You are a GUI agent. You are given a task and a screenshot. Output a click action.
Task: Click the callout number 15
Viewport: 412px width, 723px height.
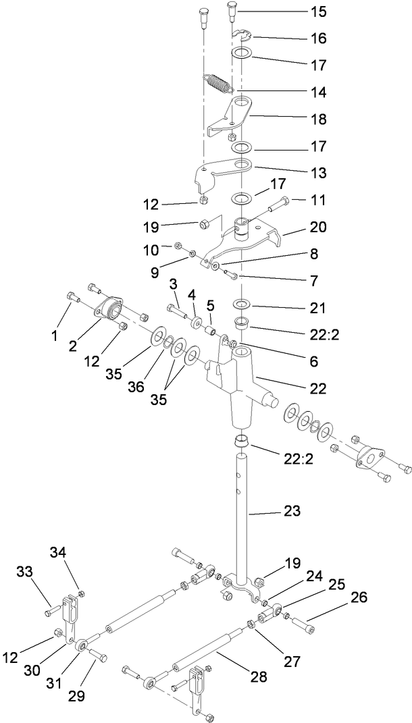[x=316, y=12]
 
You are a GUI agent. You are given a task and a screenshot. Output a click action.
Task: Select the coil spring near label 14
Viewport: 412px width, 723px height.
[x=217, y=85]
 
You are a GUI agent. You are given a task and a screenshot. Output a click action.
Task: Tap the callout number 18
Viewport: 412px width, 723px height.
[x=316, y=119]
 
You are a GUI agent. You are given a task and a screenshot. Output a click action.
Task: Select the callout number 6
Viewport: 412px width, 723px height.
[x=312, y=362]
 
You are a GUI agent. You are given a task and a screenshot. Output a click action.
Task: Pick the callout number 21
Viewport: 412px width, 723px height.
[x=316, y=308]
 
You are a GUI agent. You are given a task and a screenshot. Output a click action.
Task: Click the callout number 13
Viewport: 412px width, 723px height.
[x=316, y=173]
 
